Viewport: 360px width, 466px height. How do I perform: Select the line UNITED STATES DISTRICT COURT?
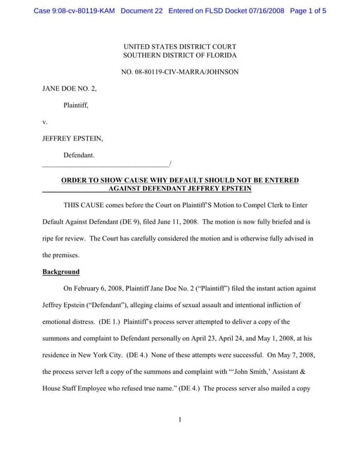[180, 46]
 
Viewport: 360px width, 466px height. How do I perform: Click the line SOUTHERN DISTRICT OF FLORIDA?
[180, 55]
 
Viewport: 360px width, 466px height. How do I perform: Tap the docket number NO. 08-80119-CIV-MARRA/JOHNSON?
[180, 71]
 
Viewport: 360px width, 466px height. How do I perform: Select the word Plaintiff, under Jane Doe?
[76, 105]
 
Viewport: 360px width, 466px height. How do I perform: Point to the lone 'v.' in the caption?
[45, 122]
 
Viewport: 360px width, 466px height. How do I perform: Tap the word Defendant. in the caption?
[79, 155]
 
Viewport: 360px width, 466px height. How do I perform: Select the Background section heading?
[61, 272]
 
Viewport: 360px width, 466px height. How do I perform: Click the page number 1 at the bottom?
[180, 420]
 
